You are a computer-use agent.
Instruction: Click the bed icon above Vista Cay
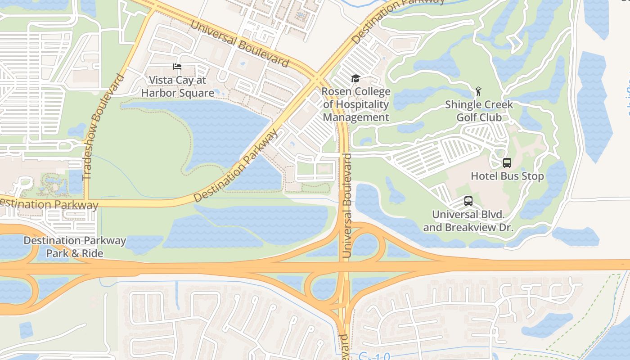point(177,67)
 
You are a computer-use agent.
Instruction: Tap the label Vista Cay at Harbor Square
point(177,87)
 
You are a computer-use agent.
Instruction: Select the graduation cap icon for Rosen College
point(355,79)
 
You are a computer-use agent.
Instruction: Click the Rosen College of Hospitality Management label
point(356,104)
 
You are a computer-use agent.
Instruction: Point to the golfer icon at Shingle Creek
point(478,92)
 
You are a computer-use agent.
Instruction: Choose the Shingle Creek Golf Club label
point(479,111)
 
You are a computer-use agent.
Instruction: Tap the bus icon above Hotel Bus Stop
point(507,163)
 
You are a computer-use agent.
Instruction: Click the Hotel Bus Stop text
point(507,176)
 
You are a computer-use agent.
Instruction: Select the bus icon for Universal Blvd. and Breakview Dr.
point(468,201)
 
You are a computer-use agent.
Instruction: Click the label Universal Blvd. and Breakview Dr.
point(468,221)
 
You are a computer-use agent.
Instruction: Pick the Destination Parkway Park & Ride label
point(75,247)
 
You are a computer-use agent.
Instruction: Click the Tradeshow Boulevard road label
point(103,127)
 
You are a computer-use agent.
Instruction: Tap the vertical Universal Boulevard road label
point(347,206)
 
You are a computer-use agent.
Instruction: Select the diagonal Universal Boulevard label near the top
point(239,43)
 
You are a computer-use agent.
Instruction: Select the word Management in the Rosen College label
point(356,117)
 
